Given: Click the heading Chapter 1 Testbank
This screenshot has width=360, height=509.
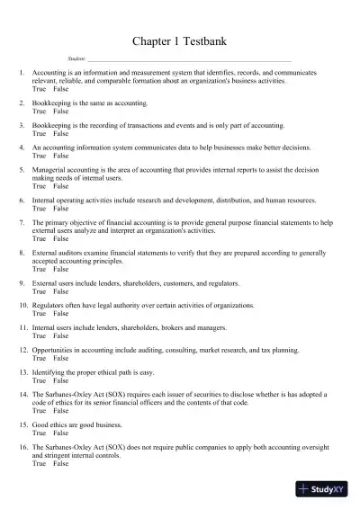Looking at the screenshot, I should click(x=180, y=40).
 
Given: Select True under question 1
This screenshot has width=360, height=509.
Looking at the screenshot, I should click(x=39, y=91).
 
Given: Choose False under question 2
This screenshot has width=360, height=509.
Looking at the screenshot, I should click(x=60, y=112).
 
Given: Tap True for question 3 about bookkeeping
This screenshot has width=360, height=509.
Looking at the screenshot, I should click(x=39, y=132).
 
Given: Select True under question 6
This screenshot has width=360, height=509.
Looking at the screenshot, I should click(x=39, y=208).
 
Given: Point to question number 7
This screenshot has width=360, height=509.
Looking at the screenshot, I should click(x=22, y=222).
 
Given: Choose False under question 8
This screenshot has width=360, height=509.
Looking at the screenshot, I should click(x=60, y=270).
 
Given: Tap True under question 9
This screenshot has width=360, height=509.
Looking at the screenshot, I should click(x=39, y=291).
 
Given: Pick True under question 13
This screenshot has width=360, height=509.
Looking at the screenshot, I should click(x=39, y=380).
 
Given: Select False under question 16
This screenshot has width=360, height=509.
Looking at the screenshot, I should click(x=60, y=464).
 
